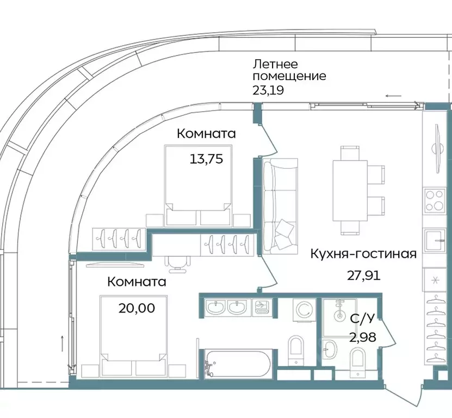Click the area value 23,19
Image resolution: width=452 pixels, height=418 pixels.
point(268,90)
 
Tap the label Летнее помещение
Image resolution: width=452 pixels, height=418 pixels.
point(289,70)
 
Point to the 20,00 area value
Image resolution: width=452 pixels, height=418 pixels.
point(137,308)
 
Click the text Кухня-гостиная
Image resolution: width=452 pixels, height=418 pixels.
point(363,254)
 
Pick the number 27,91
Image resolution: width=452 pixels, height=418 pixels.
point(363,274)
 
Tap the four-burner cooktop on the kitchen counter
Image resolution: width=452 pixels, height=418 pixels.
point(435,200)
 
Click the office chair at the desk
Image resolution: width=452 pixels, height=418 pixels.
point(177,263)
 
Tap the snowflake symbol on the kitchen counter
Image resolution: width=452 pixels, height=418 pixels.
point(435,280)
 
